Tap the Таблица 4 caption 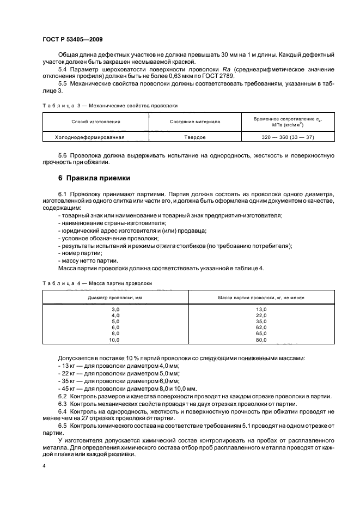click(97, 283)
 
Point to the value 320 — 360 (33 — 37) click(288, 137)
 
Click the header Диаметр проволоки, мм click(115, 298)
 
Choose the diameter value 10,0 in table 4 click(114, 339)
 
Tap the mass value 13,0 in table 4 click(261, 309)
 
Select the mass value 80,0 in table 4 click(261, 339)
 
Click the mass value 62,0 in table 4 click(261, 327)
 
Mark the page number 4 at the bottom click(44, 466)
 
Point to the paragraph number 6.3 click(63, 403)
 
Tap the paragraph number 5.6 click(63, 155)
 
